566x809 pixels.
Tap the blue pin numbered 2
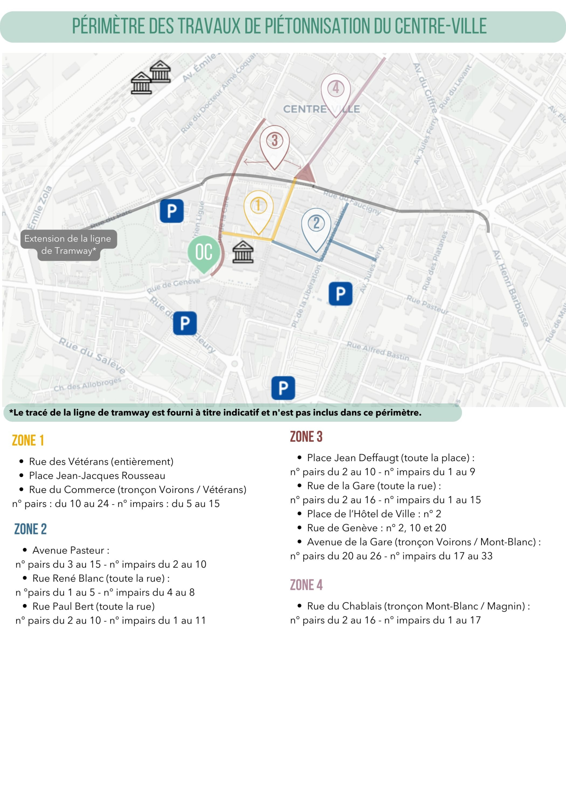pyautogui.click(x=316, y=226)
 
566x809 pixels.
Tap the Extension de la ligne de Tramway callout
pyautogui.click(x=68, y=245)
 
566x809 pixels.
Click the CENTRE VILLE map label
pyautogui.click(x=321, y=109)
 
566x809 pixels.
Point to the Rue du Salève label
pyautogui.click(x=92, y=356)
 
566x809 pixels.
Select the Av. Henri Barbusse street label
pyautogui.click(x=511, y=288)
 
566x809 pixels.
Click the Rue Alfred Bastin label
pyautogui.click(x=378, y=351)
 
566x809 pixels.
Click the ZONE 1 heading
pyautogui.click(x=28, y=441)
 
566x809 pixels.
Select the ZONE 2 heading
pyautogui.click(x=30, y=529)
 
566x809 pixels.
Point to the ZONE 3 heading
pyautogui.click(x=306, y=437)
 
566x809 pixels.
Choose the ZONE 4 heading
pyautogui.click(x=306, y=585)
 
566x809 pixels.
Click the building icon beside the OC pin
pyautogui.click(x=243, y=252)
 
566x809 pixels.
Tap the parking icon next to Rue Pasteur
pyautogui.click(x=340, y=294)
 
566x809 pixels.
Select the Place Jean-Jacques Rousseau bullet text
pyautogui.click(x=97, y=476)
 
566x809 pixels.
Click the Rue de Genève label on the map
pyautogui.click(x=173, y=286)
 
